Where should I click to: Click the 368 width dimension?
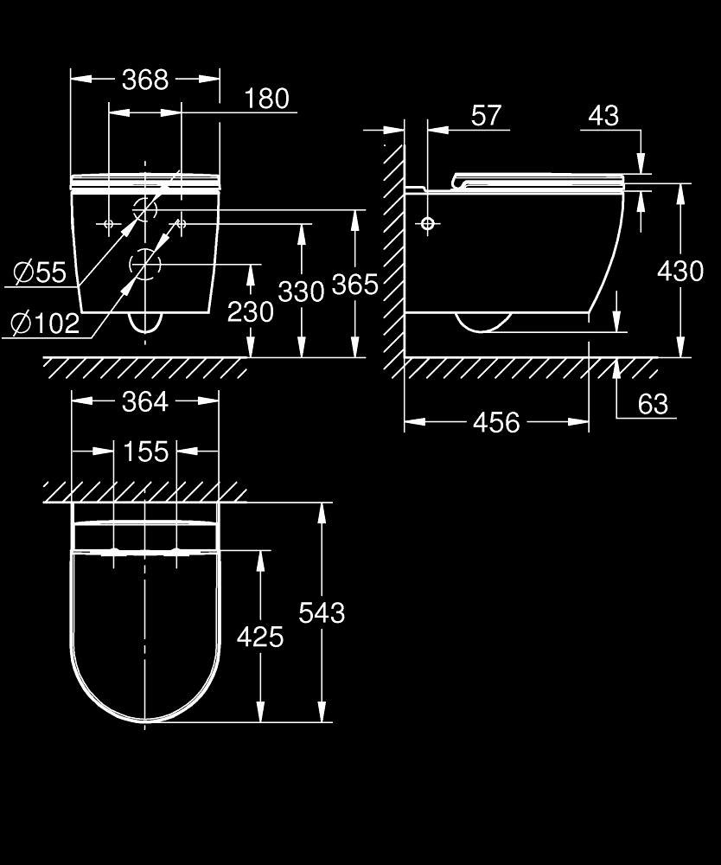pyautogui.click(x=145, y=80)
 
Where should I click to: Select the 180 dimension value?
pyautogui.click(x=267, y=99)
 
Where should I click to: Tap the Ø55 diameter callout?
pyautogui.click(x=40, y=272)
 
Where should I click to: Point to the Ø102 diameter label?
pyautogui.click(x=46, y=324)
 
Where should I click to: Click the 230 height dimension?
pyautogui.click(x=250, y=312)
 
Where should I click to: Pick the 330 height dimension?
pyautogui.click(x=301, y=292)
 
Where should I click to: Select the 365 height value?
pyautogui.click(x=355, y=285)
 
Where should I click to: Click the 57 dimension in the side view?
pyautogui.click(x=486, y=115)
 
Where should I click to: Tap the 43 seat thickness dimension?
pyautogui.click(x=603, y=116)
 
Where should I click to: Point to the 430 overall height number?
pyautogui.click(x=680, y=272)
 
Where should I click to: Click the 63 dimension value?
pyautogui.click(x=654, y=404)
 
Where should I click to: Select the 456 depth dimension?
pyautogui.click(x=496, y=423)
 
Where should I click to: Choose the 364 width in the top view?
pyautogui.click(x=145, y=401)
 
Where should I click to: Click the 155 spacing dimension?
pyautogui.click(x=145, y=452)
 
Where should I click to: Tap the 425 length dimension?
pyautogui.click(x=260, y=638)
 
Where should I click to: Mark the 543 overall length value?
pyautogui.click(x=322, y=613)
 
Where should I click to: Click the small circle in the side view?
pyautogui.click(x=428, y=223)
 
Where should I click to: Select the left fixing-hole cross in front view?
pyautogui.click(x=109, y=224)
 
